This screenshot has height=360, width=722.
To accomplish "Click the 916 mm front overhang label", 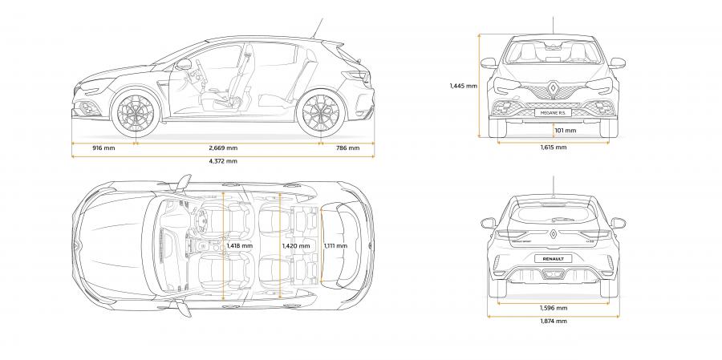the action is (103, 148).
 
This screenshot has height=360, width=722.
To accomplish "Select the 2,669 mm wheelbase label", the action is (223, 148).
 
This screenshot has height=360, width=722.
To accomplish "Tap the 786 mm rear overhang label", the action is (347, 148).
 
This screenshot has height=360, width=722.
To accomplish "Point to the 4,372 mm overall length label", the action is (223, 160).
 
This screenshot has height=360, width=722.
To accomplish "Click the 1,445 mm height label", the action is (463, 85).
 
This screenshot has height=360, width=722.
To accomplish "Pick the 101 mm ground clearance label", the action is (565, 130).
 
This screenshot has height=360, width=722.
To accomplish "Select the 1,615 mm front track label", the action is (554, 148).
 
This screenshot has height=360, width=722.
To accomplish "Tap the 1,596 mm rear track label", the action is (554, 308).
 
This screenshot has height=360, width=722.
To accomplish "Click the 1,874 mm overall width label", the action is (554, 321).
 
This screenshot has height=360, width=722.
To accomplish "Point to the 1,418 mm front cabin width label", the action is (239, 246).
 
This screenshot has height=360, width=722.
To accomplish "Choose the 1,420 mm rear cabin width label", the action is (296, 246).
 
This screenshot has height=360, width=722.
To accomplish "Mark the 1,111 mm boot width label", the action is (335, 246).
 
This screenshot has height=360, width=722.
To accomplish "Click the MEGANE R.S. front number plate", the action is (553, 113).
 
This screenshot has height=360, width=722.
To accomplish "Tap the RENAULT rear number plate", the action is (553, 259).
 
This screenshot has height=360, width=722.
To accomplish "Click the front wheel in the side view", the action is (136, 113).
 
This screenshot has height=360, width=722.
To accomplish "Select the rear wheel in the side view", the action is (321, 113).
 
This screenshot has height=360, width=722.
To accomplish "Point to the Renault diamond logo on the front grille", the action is (553, 89).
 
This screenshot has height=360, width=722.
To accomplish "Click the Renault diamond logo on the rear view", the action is (553, 233).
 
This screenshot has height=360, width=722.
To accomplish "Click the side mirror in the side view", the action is (183, 64).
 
